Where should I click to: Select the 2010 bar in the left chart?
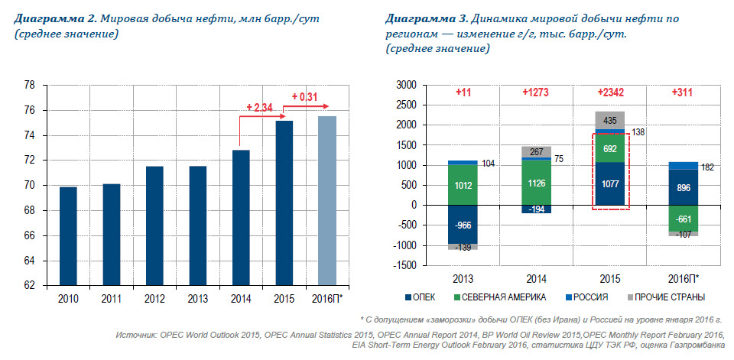coord(68,235)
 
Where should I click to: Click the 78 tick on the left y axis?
coord(30,86)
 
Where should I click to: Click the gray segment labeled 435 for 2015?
coord(609,120)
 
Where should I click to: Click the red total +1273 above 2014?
coord(536,92)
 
